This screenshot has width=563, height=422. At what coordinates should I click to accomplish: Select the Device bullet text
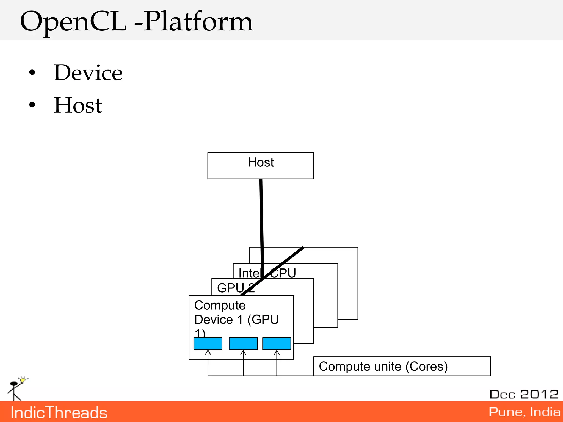click(88, 73)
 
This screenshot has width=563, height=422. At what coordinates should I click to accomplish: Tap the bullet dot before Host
click(32, 105)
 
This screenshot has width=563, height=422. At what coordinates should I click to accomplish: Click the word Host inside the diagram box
click(261, 162)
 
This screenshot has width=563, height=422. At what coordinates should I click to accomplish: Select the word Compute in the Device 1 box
click(220, 305)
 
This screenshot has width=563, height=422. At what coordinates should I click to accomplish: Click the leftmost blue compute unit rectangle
click(208, 344)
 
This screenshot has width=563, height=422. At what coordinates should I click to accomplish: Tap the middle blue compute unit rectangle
click(243, 344)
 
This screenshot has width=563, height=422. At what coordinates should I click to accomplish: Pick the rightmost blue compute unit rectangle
click(277, 344)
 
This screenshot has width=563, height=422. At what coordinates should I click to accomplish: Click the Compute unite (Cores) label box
click(402, 366)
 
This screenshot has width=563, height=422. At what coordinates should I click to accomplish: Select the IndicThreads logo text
click(59, 413)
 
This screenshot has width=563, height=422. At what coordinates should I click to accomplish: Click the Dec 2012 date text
click(524, 394)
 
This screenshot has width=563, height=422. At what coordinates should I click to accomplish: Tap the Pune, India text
click(525, 412)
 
